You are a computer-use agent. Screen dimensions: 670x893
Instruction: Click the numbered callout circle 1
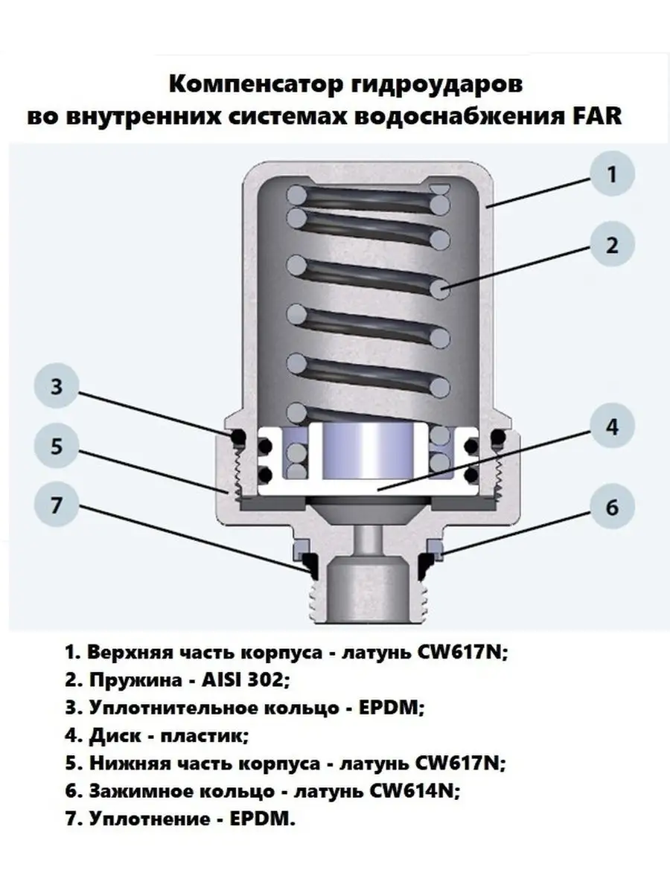pos(612,173)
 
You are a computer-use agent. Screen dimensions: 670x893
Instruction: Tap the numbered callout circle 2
pos(612,245)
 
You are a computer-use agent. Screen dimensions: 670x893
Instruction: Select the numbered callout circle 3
pos(57,385)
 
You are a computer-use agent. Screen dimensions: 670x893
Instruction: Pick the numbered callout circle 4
pos(612,426)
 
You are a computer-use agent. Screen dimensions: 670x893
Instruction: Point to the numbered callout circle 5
pos(57,446)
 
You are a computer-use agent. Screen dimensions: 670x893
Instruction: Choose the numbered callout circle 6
pos(612,507)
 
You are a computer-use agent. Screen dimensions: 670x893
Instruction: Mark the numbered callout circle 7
pos(57,505)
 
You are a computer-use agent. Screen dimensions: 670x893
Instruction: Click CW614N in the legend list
pos(415,791)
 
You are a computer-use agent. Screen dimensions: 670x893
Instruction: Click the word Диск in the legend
pos(115,737)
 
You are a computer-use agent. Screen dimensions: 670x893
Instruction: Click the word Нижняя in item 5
pos(130,764)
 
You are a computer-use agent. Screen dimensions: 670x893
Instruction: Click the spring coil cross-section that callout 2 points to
pos(441,289)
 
